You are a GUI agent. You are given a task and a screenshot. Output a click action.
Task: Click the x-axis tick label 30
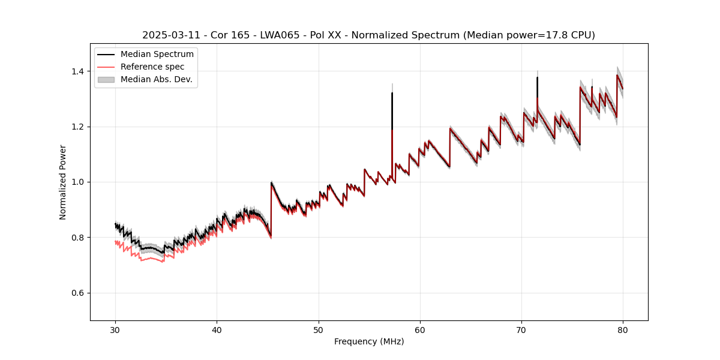click(115, 330)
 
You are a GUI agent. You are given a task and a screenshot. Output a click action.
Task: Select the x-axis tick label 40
click(217, 330)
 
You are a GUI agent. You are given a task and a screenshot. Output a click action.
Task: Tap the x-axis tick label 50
click(319, 330)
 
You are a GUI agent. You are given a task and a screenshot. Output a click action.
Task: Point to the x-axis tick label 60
click(420, 330)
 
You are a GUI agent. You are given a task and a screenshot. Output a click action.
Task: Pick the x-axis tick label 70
click(521, 330)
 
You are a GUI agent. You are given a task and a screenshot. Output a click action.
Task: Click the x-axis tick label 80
click(623, 330)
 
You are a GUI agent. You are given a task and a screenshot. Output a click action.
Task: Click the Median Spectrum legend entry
click(157, 55)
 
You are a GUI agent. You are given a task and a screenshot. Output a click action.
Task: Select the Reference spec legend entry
click(152, 67)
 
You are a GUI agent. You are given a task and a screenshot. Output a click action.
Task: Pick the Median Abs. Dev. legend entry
click(156, 79)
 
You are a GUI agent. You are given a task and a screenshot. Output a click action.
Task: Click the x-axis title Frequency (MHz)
click(369, 341)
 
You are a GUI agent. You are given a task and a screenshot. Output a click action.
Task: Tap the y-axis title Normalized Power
click(63, 182)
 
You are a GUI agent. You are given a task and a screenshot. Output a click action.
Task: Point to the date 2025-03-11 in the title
click(170, 35)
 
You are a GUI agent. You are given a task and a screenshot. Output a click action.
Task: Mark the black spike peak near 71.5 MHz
click(537, 78)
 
